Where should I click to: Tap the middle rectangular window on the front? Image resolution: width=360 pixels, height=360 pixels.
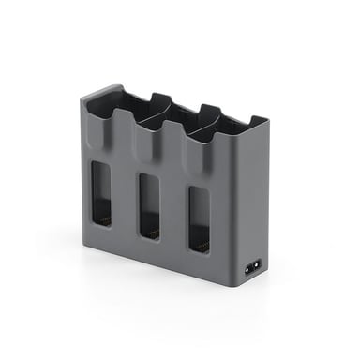149,205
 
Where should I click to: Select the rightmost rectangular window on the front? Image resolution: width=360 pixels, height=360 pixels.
199,218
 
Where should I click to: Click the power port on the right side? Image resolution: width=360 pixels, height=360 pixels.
252,267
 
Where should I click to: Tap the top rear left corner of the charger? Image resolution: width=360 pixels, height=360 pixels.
103,86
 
